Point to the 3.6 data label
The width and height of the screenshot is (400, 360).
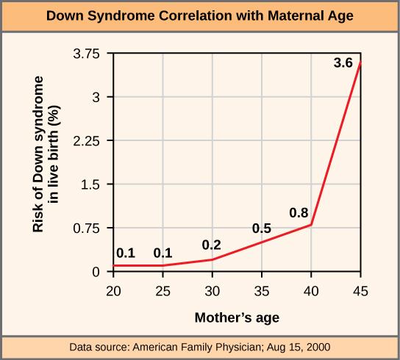tap(343, 64)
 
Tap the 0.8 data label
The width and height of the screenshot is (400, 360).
tap(298, 214)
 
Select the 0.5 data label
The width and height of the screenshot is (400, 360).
tap(262, 228)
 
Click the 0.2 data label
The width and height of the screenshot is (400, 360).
tap(212, 245)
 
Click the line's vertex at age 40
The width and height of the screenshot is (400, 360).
tap(312, 225)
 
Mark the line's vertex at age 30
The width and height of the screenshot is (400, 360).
tap(213, 259)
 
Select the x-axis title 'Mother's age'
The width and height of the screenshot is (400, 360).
tap(237, 318)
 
